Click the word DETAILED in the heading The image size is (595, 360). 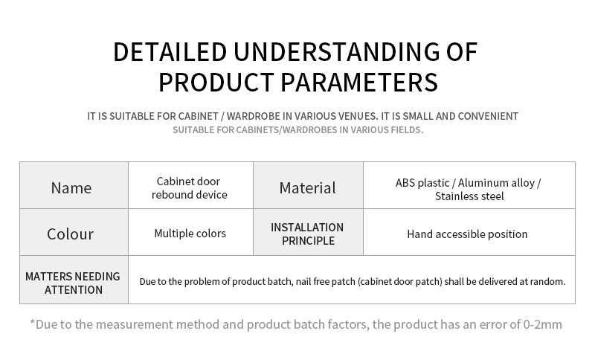click(x=170, y=52)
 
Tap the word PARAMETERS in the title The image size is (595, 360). click(x=359, y=83)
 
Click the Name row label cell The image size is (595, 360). click(x=74, y=185)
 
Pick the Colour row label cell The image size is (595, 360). click(x=74, y=232)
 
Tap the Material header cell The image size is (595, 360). click(x=308, y=185)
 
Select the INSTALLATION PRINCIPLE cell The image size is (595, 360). click(x=308, y=232)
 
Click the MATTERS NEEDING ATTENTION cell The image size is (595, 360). click(x=74, y=280)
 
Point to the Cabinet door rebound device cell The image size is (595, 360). click(x=191, y=185)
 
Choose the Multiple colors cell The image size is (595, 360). click(x=191, y=232)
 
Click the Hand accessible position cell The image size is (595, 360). click(x=469, y=232)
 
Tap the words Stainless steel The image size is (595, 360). click(x=469, y=196)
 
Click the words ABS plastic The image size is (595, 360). click(x=422, y=183)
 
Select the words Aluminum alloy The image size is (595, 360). click(x=496, y=183)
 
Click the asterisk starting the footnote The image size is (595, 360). click(x=32, y=323)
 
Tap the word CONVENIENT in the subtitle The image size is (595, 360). click(x=488, y=116)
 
